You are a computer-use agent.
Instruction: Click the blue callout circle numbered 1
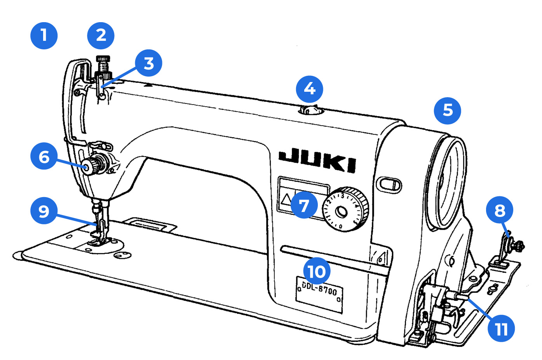(44, 36)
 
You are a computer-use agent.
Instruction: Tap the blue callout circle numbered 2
(101, 36)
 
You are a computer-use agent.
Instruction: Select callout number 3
(148, 63)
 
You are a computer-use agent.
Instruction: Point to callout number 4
(309, 89)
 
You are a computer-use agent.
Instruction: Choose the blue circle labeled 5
(447, 110)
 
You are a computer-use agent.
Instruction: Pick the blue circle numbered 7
(304, 205)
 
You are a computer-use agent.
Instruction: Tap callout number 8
(500, 210)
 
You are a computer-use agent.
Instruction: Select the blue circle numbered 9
(44, 211)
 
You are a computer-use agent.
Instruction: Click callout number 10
(317, 271)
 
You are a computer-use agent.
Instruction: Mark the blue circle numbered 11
(501, 329)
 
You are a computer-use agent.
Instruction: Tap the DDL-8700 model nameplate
(319, 294)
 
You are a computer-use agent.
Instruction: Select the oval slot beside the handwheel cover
(389, 184)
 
